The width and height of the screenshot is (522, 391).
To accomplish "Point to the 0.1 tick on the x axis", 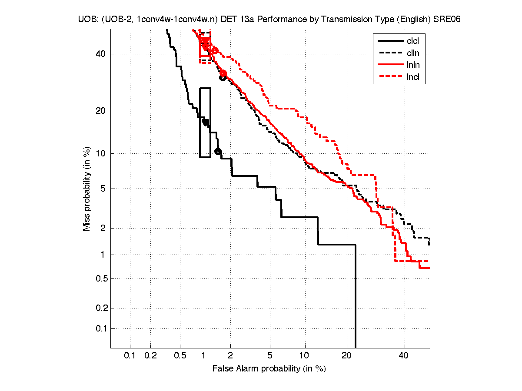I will (x=130, y=355).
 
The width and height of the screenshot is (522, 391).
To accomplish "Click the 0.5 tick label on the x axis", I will (x=180, y=355).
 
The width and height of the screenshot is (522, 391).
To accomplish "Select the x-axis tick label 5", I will (x=270, y=355).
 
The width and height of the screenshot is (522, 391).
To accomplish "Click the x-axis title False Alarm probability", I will (x=269, y=369).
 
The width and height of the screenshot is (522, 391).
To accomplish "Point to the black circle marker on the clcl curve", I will (x=218, y=152).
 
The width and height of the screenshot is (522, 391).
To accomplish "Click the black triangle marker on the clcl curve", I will (x=205, y=123).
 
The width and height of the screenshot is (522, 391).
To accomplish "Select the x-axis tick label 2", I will (x=230, y=355).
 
